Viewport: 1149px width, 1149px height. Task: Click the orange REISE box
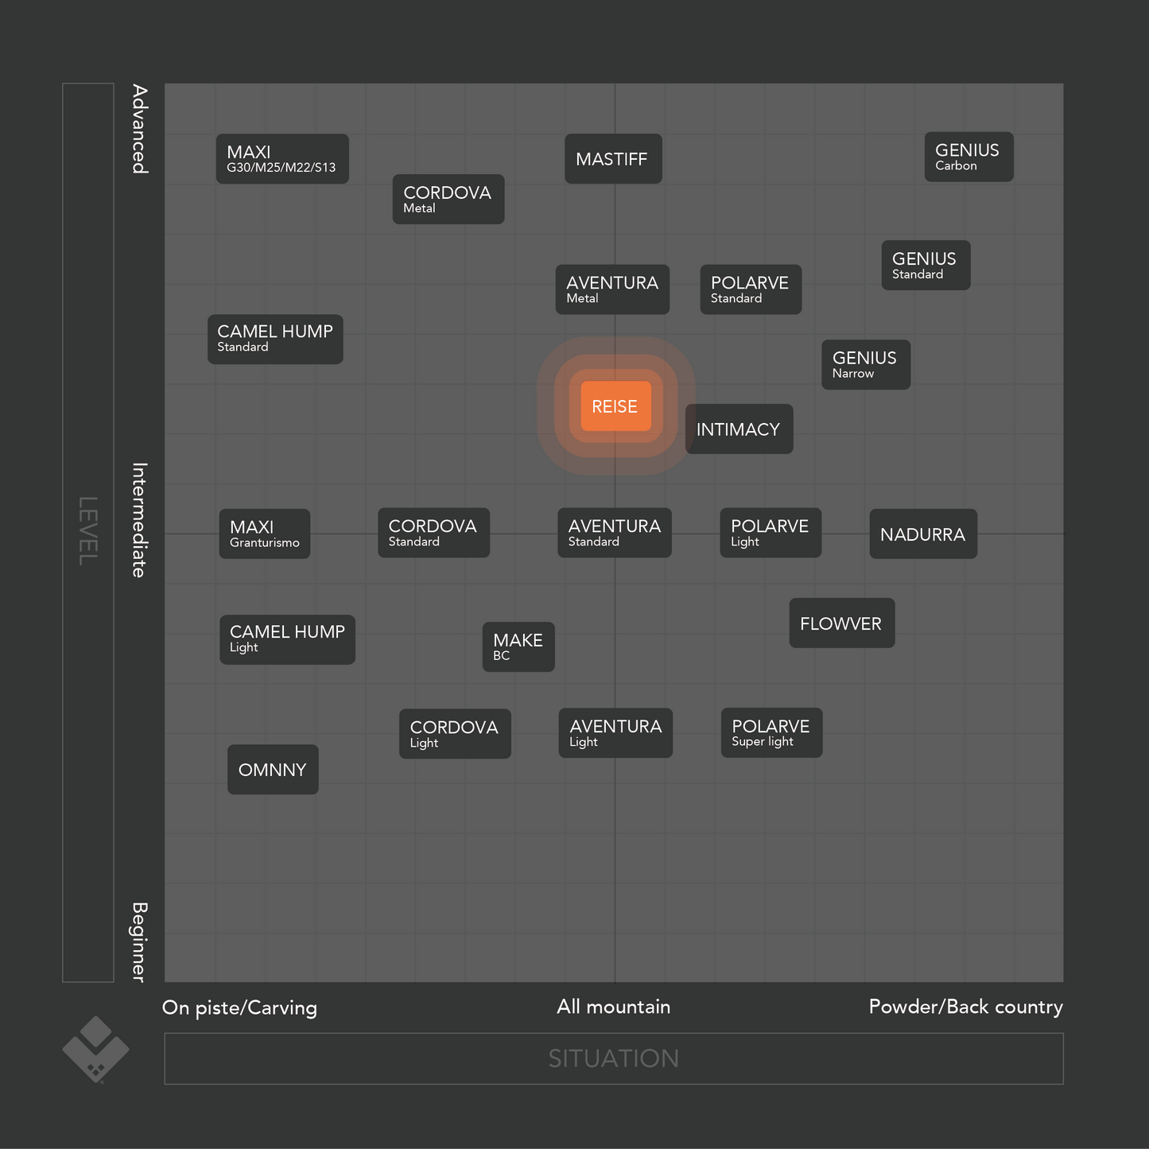[615, 406]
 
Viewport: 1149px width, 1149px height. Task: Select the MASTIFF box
[613, 159]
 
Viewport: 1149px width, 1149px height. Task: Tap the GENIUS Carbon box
[968, 157]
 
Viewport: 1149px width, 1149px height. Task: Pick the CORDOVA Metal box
[448, 199]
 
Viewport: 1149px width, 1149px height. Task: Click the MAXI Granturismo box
[264, 534]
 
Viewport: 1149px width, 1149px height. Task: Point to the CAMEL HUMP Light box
[287, 639]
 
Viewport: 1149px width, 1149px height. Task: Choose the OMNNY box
[273, 769]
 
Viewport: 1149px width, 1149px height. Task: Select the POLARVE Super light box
[771, 732]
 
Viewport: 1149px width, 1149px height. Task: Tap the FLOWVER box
[841, 623]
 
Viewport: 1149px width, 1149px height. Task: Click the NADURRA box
[922, 534]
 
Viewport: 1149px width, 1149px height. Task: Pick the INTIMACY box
[739, 429]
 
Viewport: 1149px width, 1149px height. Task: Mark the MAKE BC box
[518, 646]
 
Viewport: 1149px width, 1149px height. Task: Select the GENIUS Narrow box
[865, 365]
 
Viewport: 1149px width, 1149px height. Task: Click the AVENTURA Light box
[615, 732]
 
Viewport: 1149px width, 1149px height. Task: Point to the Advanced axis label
[140, 129]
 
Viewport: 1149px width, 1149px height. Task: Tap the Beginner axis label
[139, 941]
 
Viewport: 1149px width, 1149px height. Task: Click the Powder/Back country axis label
[965, 1007]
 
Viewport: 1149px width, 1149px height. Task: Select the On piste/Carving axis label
[239, 1007]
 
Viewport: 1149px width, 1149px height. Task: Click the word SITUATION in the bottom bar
[613, 1058]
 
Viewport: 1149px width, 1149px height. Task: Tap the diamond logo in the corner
[95, 1049]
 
